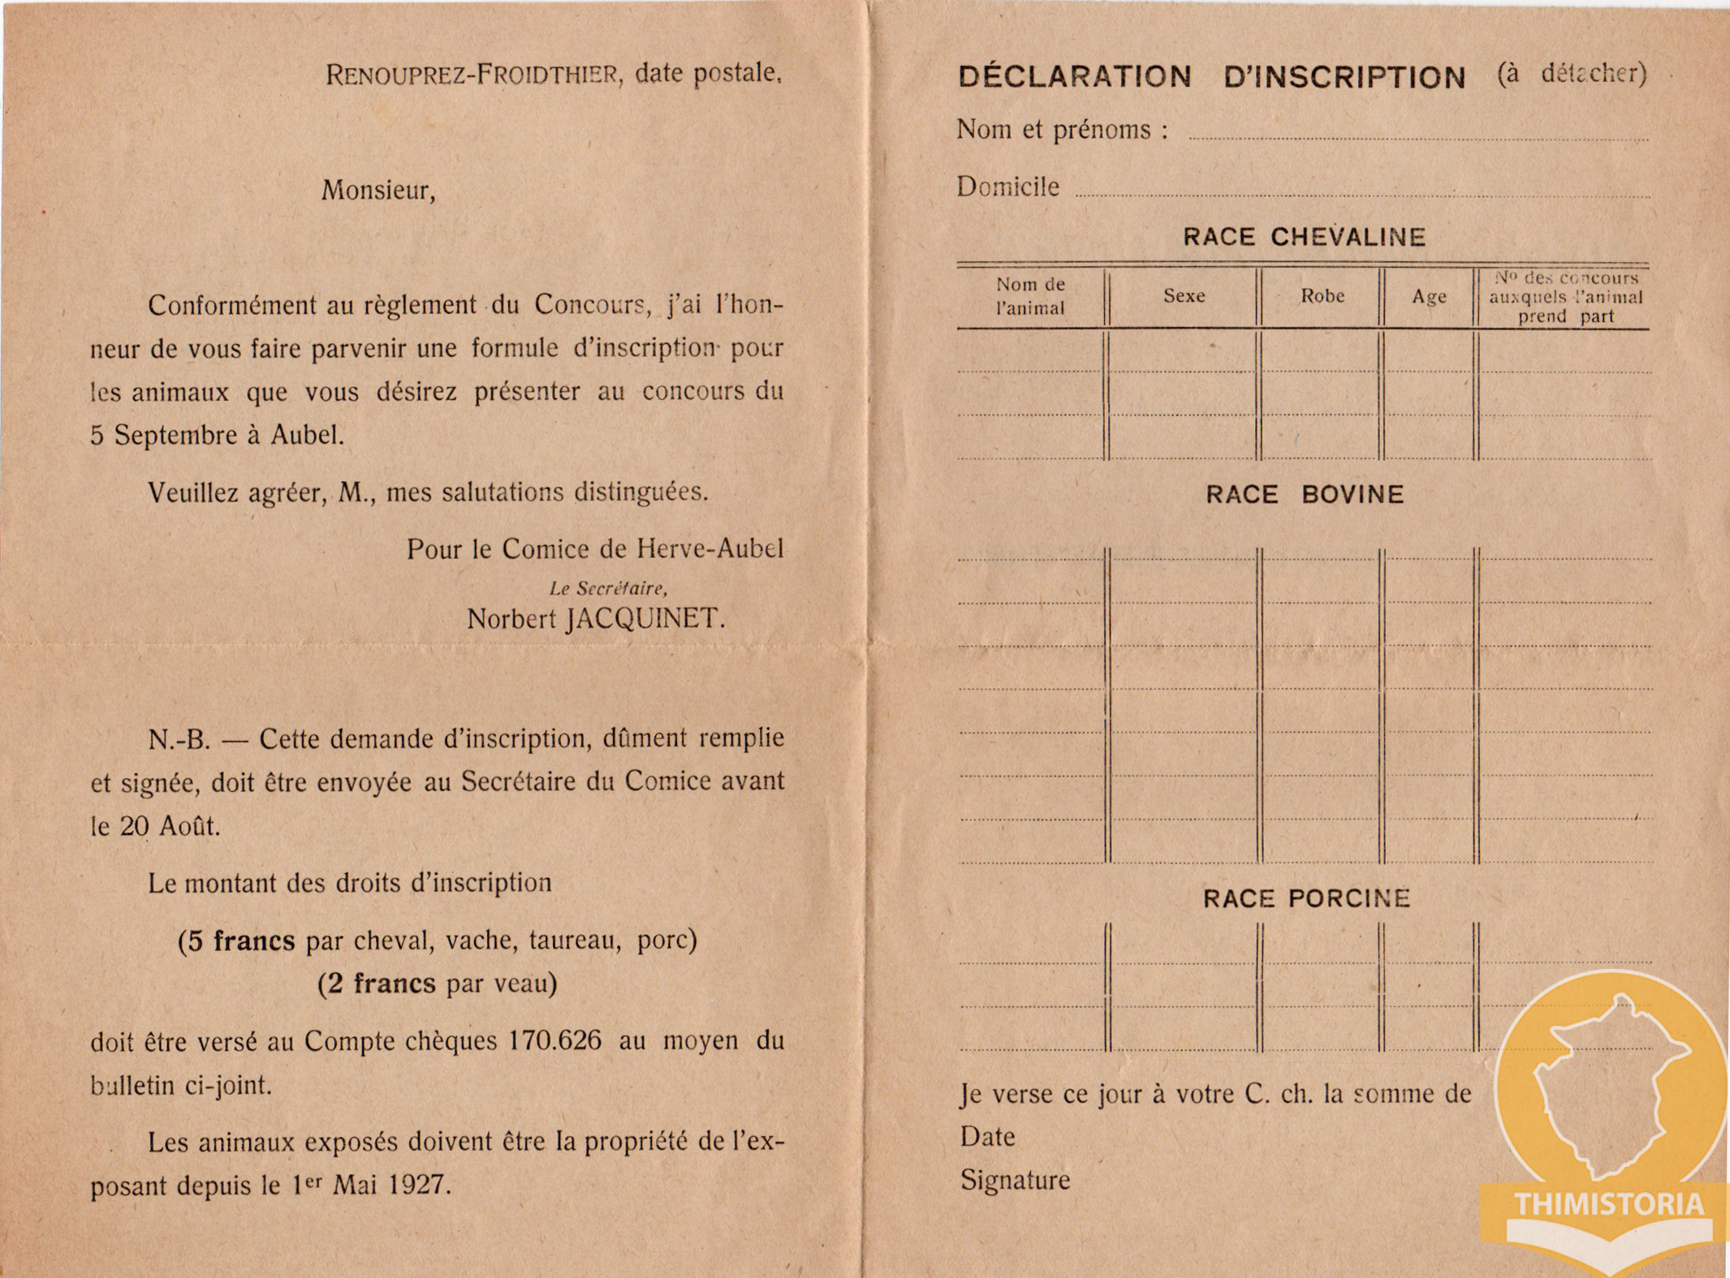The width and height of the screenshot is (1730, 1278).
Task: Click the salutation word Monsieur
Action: click(x=378, y=191)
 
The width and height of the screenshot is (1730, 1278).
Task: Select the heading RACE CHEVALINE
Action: click(x=1304, y=237)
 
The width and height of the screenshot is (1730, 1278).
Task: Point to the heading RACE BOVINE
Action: click(x=1305, y=494)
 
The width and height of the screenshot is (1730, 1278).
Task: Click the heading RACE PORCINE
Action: click(x=1306, y=898)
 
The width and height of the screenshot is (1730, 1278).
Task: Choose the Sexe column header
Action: click(x=1184, y=296)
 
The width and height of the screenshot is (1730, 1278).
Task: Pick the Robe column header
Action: click(x=1322, y=296)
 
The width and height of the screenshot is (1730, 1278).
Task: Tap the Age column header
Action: click(x=1429, y=297)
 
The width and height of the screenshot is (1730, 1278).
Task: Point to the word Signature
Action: click(x=1015, y=1180)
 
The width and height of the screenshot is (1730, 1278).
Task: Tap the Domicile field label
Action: click(x=1007, y=187)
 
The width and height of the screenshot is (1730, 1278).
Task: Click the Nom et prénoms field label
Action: click(x=1062, y=130)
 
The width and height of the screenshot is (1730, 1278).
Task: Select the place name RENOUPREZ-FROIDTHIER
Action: click(x=472, y=75)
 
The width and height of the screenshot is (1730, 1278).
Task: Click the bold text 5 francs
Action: click(x=236, y=940)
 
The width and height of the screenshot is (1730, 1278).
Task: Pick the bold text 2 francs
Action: click(x=377, y=983)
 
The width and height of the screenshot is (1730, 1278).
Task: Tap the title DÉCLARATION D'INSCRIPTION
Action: click(x=1211, y=77)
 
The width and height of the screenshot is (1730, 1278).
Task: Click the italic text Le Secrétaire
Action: click(x=608, y=588)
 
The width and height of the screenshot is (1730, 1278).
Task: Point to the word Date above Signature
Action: click(x=987, y=1137)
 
